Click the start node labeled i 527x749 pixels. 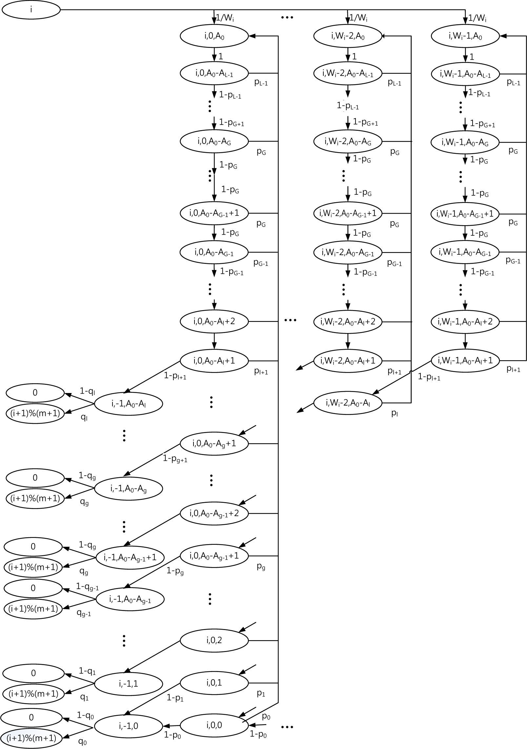[x=31, y=10]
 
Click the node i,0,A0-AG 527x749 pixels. [x=214, y=141]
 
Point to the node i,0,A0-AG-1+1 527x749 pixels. [x=214, y=213]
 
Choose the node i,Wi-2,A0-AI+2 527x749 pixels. [x=348, y=322]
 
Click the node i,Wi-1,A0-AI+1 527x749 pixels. [x=465, y=361]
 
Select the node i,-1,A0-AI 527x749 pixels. [x=128, y=404]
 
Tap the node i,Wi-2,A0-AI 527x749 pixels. [x=348, y=403]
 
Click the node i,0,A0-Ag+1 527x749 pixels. [x=214, y=444]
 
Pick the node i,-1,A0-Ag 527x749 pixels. [x=128, y=489]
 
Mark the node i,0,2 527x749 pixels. [x=214, y=640]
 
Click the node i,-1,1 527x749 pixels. [x=128, y=684]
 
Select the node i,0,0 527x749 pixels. [x=214, y=725]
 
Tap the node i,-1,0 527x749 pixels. [x=128, y=726]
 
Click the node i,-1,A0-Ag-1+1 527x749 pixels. [x=130, y=558]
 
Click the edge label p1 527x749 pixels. [x=261, y=693]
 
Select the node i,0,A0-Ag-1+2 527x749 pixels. [x=214, y=513]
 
